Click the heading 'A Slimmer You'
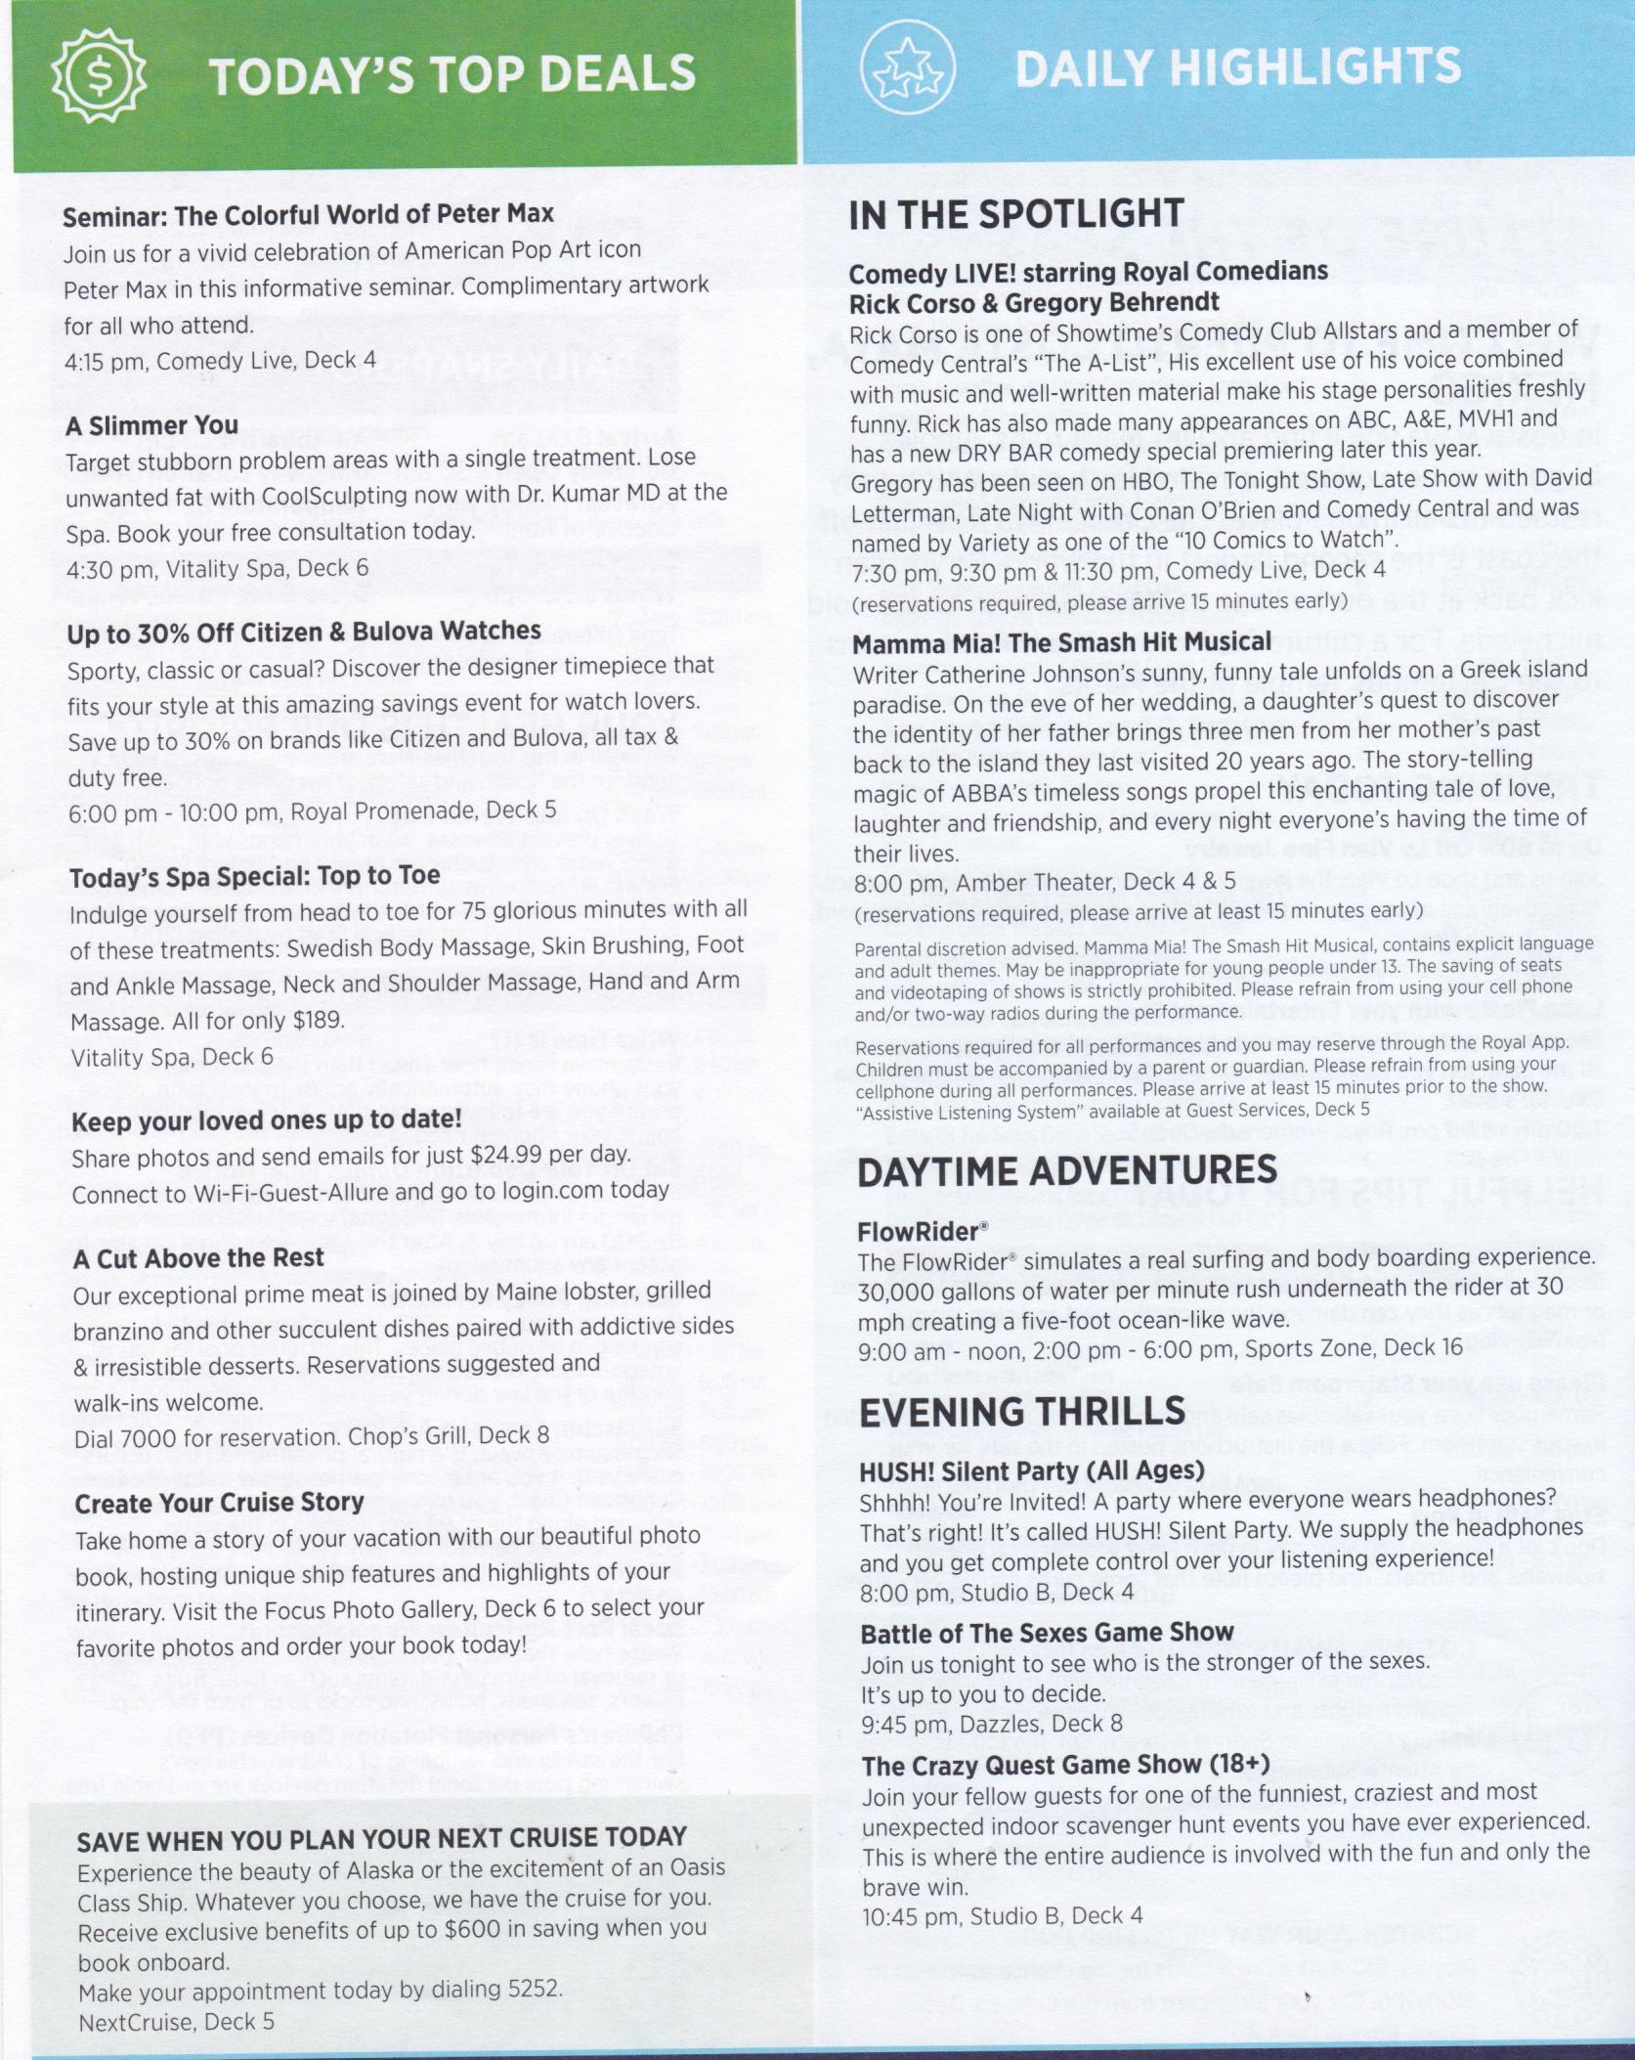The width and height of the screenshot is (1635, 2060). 152,425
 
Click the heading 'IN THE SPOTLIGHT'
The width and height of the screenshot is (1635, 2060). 1016,215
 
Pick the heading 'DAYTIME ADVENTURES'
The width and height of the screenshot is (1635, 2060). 1067,1171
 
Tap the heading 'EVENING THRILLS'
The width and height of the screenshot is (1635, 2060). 1021,1412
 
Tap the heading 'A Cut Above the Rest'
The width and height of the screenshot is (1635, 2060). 198,1258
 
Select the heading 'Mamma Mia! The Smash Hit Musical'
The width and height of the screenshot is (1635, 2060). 1062,642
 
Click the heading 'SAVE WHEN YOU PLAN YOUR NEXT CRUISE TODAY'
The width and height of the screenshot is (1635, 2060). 382,1839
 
